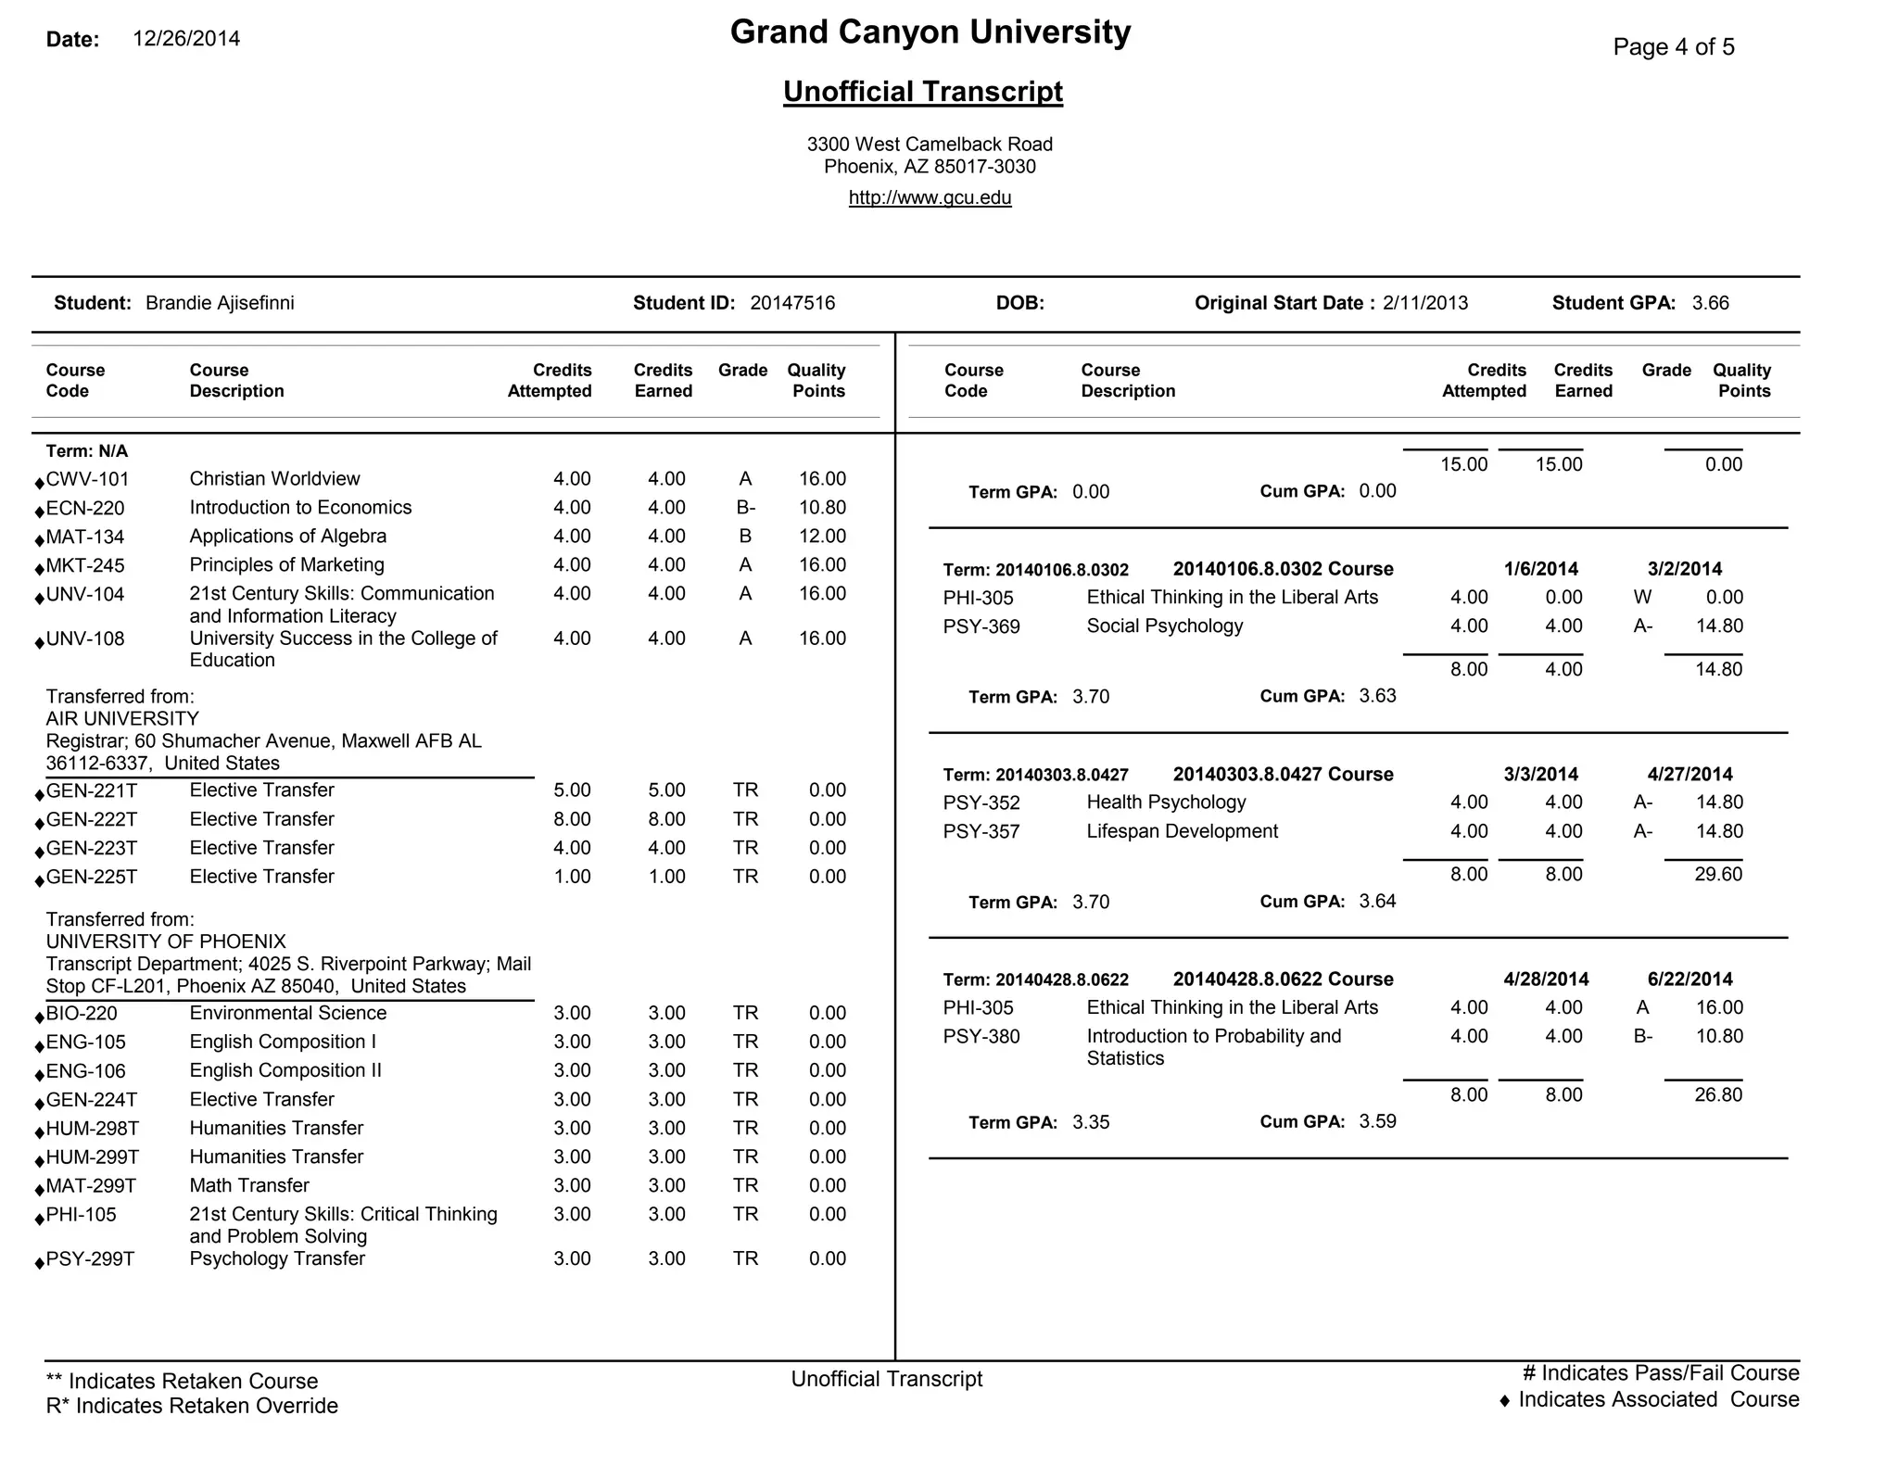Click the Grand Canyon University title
click(930, 32)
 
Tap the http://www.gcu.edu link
click(930, 197)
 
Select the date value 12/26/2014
click(186, 39)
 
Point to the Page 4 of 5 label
click(1673, 47)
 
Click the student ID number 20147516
click(792, 303)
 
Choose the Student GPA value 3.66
click(1710, 303)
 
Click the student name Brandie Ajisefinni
click(220, 303)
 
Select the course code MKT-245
click(85, 565)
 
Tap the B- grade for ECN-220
click(745, 508)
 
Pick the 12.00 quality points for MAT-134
click(822, 537)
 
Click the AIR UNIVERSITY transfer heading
click(122, 718)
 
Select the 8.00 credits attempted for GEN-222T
click(572, 819)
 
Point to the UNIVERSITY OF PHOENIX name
click(166, 942)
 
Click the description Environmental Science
click(287, 1013)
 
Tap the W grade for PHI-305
click(1642, 598)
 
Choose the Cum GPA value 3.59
click(1377, 1121)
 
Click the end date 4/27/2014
click(1689, 775)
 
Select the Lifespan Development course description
click(1182, 831)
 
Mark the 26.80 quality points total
click(1718, 1094)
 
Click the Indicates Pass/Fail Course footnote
click(1660, 1373)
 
